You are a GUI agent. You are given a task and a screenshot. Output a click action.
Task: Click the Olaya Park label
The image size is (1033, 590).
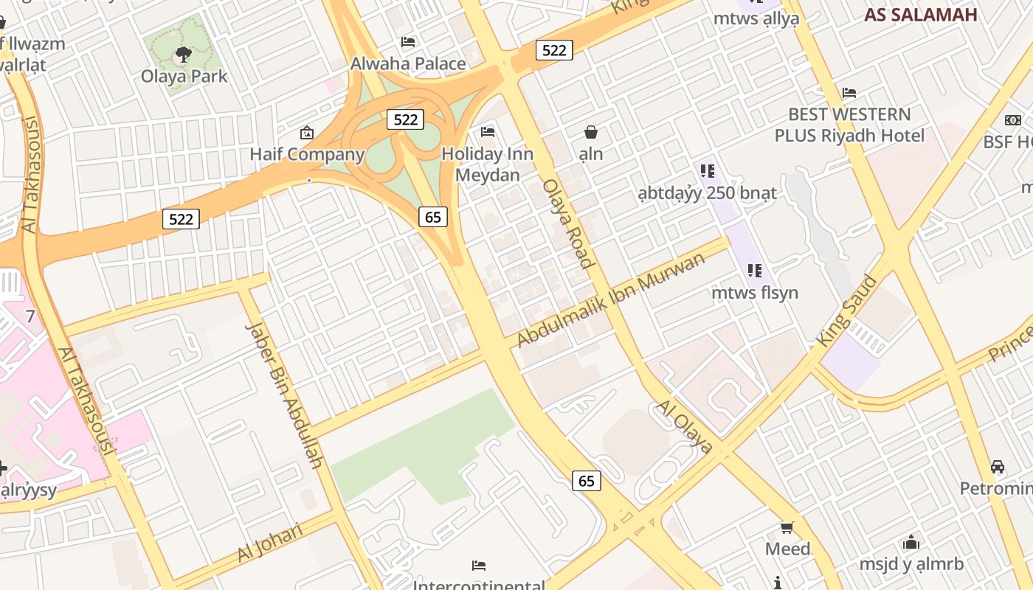click(x=184, y=76)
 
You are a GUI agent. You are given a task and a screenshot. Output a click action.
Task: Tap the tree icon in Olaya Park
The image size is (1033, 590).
click(x=184, y=54)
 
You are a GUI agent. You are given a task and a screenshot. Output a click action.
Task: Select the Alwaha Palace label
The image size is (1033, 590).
click(x=408, y=63)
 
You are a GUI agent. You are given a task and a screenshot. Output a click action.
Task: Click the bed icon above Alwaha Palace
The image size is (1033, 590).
click(x=408, y=42)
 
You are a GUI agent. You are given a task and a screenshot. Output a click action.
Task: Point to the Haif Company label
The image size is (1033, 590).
click(x=307, y=154)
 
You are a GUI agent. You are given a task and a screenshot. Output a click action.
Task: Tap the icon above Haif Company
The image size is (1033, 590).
click(x=307, y=133)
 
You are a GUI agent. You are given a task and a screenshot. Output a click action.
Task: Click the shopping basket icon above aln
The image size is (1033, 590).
click(x=590, y=132)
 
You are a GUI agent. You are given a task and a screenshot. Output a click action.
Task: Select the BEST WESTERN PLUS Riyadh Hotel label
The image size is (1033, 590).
click(x=849, y=125)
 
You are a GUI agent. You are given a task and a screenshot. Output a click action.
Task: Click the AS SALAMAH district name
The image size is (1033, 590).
click(x=921, y=15)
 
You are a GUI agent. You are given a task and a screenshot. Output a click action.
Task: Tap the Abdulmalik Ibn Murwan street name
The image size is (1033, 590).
click(x=611, y=299)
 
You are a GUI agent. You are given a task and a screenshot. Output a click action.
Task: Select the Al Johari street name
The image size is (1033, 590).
click(x=270, y=542)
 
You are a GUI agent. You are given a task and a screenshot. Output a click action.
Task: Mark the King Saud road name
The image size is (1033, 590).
click(x=847, y=311)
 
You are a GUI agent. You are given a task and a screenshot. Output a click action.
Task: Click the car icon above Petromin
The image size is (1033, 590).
click(x=997, y=467)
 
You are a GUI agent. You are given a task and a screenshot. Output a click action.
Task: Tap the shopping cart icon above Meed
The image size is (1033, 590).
click(x=787, y=527)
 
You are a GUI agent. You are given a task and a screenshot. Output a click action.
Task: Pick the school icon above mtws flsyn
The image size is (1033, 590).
click(x=754, y=271)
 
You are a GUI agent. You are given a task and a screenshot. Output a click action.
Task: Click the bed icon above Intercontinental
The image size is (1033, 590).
click(x=479, y=566)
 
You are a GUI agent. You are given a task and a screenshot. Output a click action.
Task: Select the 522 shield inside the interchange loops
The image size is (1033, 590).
click(x=405, y=119)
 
